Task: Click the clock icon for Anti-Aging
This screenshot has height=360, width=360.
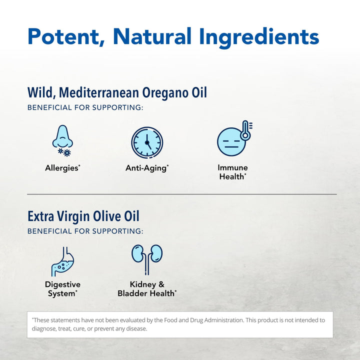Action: pyautogui.click(x=147, y=141)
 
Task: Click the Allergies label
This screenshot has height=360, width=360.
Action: pyautogui.click(x=62, y=168)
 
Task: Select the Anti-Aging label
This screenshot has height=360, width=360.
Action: pyautogui.click(x=147, y=168)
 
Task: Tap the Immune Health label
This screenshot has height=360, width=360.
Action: pyautogui.click(x=233, y=172)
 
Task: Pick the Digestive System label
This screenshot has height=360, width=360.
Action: pyautogui.click(x=62, y=289)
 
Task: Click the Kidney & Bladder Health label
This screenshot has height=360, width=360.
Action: pyautogui.click(x=147, y=289)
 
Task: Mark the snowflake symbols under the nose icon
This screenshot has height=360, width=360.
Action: pyautogui.click(x=64, y=151)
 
